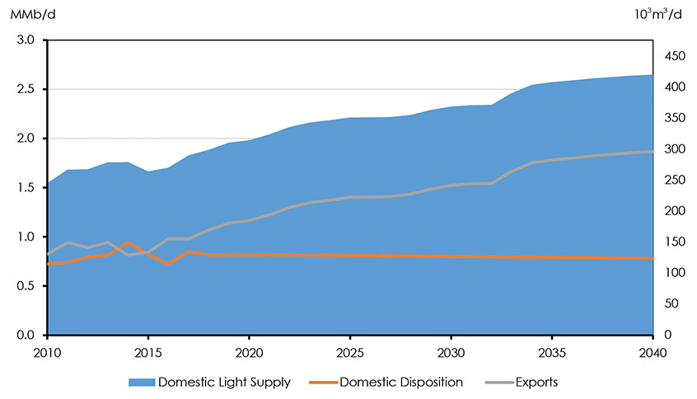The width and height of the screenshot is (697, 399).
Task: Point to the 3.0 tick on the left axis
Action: coord(27,40)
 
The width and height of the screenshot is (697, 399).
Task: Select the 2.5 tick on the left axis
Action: coord(27,89)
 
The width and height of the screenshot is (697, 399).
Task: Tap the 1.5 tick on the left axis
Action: coord(27,188)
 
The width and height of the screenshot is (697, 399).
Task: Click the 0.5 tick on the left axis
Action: coord(27,286)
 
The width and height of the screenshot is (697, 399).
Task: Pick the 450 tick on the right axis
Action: coord(675,56)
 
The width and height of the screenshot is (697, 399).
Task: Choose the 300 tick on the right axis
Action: coord(675,149)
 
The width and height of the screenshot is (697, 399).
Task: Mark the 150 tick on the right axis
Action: coord(675,242)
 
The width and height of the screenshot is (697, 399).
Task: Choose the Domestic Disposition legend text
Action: coord(401,383)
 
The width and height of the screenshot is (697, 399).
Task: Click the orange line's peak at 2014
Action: coord(128,243)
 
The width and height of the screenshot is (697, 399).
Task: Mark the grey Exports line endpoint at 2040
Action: coord(653,151)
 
